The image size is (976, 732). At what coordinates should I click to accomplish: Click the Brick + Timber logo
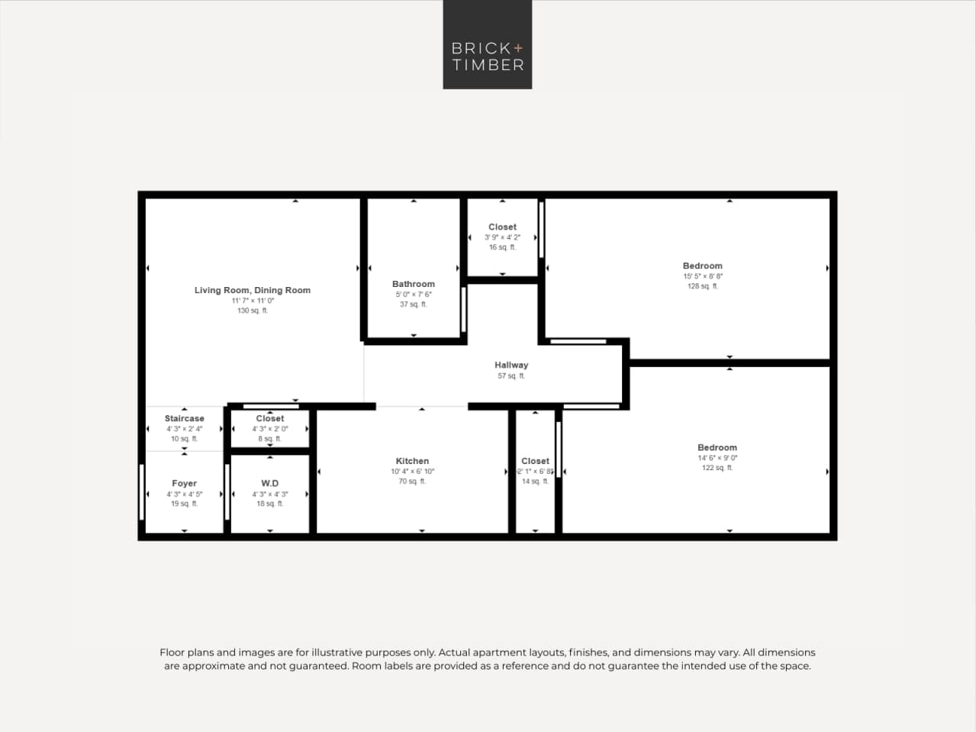pyautogui.click(x=487, y=45)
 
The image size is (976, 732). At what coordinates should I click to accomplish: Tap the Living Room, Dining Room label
pyautogui.click(x=252, y=290)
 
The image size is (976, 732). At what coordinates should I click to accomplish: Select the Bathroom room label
pyautogui.click(x=414, y=284)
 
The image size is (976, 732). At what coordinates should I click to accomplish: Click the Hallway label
pyautogui.click(x=511, y=365)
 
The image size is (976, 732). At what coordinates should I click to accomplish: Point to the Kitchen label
pyautogui.click(x=412, y=461)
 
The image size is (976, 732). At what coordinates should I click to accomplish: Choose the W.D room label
pyautogui.click(x=270, y=483)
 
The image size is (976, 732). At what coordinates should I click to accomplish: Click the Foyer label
pyautogui.click(x=184, y=483)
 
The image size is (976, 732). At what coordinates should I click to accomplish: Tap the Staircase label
pyautogui.click(x=184, y=418)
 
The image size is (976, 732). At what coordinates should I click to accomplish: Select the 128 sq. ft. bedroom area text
pyautogui.click(x=702, y=286)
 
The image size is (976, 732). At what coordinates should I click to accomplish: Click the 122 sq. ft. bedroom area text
pyautogui.click(x=717, y=468)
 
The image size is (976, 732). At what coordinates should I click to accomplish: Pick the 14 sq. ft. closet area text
pyautogui.click(x=535, y=482)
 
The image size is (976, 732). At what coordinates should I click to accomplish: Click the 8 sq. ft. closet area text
pyautogui.click(x=269, y=439)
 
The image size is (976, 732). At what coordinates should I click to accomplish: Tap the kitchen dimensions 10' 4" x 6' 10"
pyautogui.click(x=412, y=472)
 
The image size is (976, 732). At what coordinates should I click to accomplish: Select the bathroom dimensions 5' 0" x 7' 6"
pyautogui.click(x=414, y=295)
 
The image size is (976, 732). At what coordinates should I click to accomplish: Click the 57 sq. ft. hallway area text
pyautogui.click(x=511, y=376)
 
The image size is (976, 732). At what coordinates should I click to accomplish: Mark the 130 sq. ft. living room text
pyautogui.click(x=252, y=311)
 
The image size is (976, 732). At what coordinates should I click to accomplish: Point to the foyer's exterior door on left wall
pyautogui.click(x=142, y=492)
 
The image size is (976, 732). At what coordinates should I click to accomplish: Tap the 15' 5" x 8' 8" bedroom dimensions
pyautogui.click(x=702, y=276)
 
